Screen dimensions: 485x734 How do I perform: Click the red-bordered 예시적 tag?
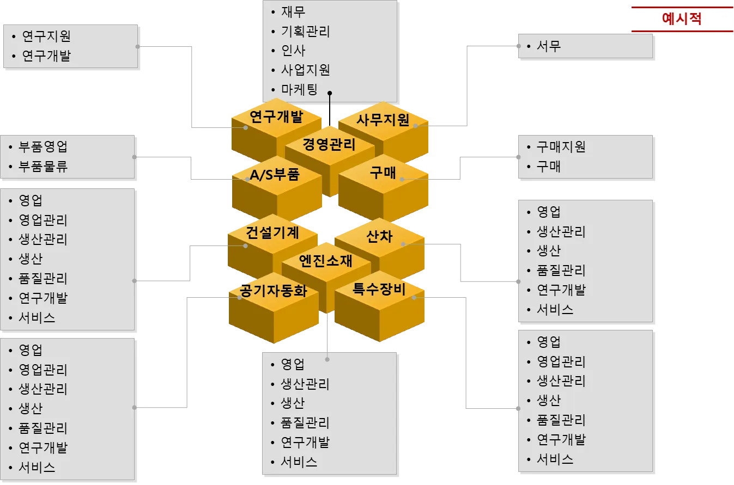point(681,19)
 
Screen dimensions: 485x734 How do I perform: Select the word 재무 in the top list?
point(293,11)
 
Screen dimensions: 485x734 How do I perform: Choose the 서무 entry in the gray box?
point(548,46)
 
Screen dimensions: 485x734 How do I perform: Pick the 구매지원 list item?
point(561,147)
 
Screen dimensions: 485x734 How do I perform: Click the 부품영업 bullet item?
point(43,147)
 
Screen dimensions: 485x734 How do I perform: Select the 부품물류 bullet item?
point(43,167)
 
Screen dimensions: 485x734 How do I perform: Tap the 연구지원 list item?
point(46,36)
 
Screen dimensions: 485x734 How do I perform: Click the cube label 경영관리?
point(329,145)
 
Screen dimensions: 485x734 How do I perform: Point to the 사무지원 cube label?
point(383,120)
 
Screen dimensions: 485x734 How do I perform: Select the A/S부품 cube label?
point(275,174)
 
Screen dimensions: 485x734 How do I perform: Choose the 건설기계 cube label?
point(272,233)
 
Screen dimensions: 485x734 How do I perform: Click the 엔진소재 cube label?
point(326,261)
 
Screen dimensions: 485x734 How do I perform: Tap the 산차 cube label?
point(380,236)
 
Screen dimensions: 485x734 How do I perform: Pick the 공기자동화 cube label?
point(274,291)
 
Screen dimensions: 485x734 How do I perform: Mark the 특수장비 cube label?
point(379,289)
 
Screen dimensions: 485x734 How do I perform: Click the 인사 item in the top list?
point(293,51)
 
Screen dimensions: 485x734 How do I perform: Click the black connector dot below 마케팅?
point(329,94)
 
